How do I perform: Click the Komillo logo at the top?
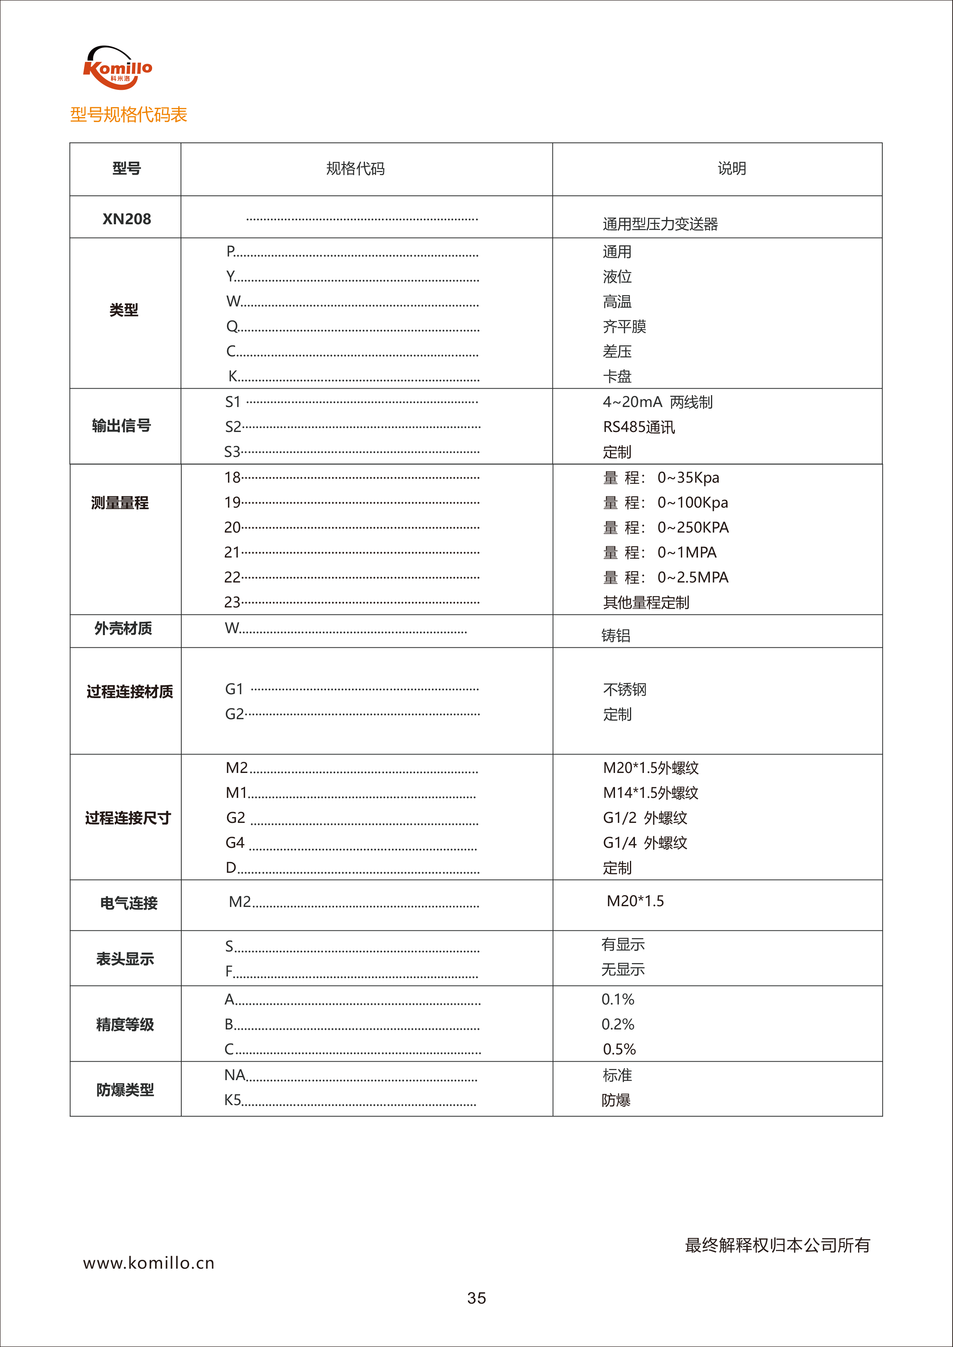(x=118, y=68)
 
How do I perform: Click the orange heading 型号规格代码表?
(x=129, y=114)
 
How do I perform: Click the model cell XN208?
(x=127, y=219)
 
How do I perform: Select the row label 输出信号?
(x=121, y=425)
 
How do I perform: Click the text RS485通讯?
(x=639, y=427)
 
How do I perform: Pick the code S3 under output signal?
(x=232, y=452)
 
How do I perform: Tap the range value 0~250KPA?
(x=693, y=528)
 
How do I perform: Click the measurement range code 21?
(x=232, y=552)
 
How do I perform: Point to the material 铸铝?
(x=616, y=635)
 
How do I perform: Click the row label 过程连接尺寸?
(x=128, y=818)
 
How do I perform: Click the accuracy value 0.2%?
(x=618, y=1024)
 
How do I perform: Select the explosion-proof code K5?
(x=233, y=1100)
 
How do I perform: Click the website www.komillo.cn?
(x=149, y=1263)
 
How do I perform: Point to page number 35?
(x=476, y=1298)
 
